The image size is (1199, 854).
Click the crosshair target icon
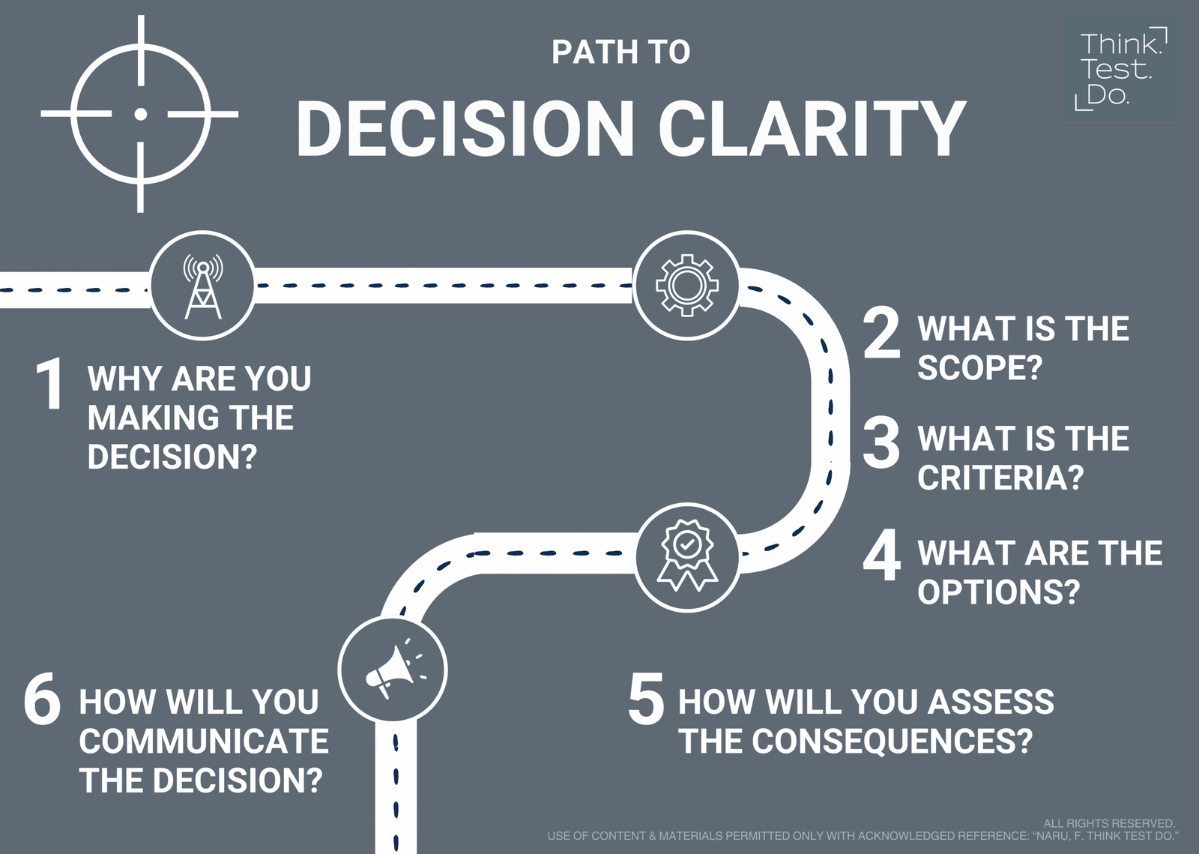coord(139,114)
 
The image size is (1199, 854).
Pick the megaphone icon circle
coord(393,669)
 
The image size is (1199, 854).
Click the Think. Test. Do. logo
coord(1121,69)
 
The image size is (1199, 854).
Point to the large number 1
coord(50,385)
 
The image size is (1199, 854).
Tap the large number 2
coord(881,334)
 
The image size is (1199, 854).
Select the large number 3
coord(881,444)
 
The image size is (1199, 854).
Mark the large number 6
coord(42,702)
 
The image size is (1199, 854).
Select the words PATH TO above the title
coord(620,52)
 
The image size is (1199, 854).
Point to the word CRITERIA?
coord(1001,478)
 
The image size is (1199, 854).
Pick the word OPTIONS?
coord(998,592)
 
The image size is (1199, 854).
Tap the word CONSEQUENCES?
coord(892,742)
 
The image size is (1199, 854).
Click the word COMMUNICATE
coord(204,742)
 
